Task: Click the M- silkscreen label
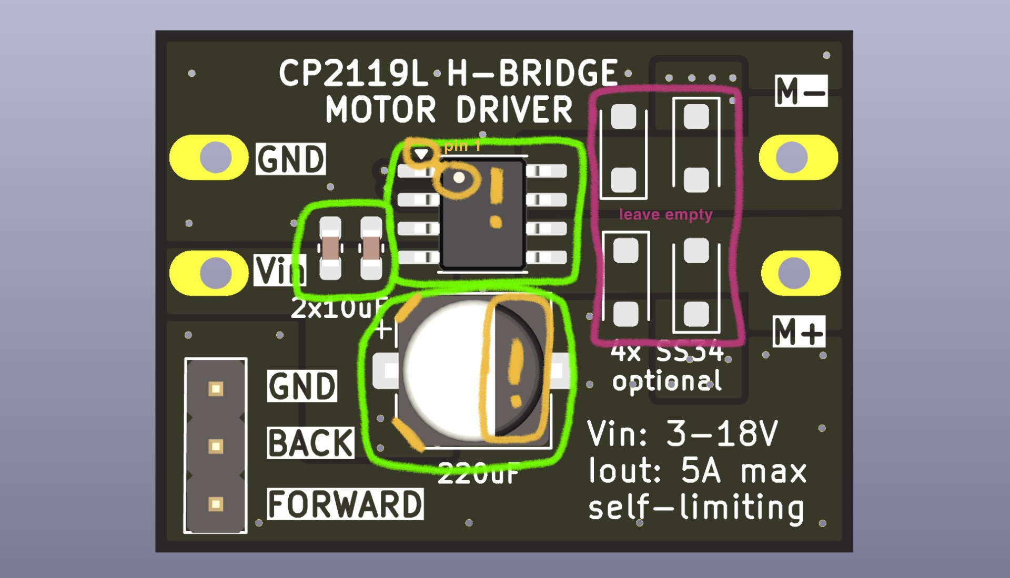point(801,91)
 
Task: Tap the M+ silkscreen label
point(799,332)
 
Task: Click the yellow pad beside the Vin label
point(209,273)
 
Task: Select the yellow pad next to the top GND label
point(209,158)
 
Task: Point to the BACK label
point(310,443)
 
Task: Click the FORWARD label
point(345,504)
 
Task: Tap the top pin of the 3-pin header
point(216,389)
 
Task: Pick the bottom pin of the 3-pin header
point(216,504)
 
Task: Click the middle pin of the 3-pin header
point(216,446)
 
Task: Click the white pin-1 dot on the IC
point(459,178)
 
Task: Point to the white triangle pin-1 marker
point(421,154)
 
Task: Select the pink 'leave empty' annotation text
point(665,214)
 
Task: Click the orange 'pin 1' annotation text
point(462,146)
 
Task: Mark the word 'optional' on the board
point(666,381)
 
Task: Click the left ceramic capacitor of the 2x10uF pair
point(330,248)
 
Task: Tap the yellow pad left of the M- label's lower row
point(798,157)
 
